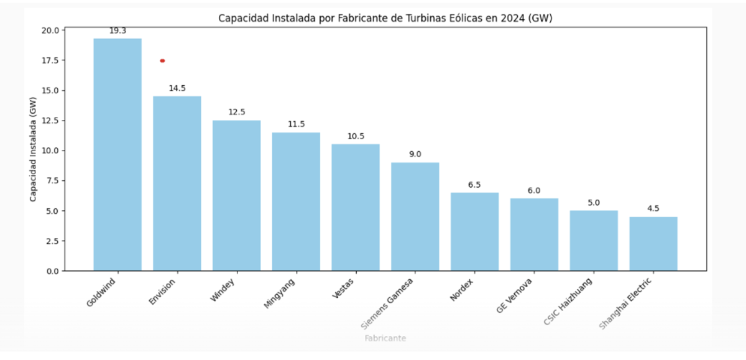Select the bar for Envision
point(177,183)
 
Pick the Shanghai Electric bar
point(653,244)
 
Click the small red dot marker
point(162,61)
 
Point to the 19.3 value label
point(117,30)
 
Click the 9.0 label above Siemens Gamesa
point(415,154)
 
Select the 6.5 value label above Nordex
point(474,185)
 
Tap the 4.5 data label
point(653,208)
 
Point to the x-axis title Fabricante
point(385,338)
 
